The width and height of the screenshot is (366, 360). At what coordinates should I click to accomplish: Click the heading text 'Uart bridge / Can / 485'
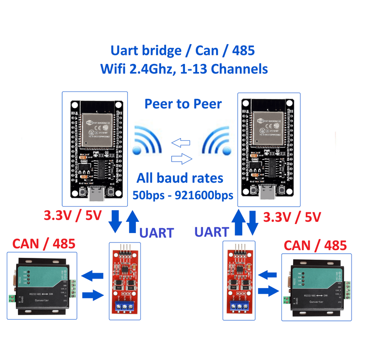(183, 50)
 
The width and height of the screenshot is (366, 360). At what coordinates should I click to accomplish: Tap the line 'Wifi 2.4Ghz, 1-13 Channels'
(183, 69)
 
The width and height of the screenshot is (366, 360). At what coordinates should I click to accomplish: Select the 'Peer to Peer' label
(183, 104)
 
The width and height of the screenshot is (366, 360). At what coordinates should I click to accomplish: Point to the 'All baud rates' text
(180, 178)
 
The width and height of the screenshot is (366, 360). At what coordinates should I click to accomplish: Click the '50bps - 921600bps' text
(183, 195)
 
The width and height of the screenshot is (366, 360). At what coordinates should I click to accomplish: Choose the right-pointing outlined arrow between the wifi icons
(182, 158)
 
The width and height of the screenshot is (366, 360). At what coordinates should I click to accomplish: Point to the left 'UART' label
(156, 233)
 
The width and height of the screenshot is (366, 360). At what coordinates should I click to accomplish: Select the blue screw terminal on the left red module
(125, 307)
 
